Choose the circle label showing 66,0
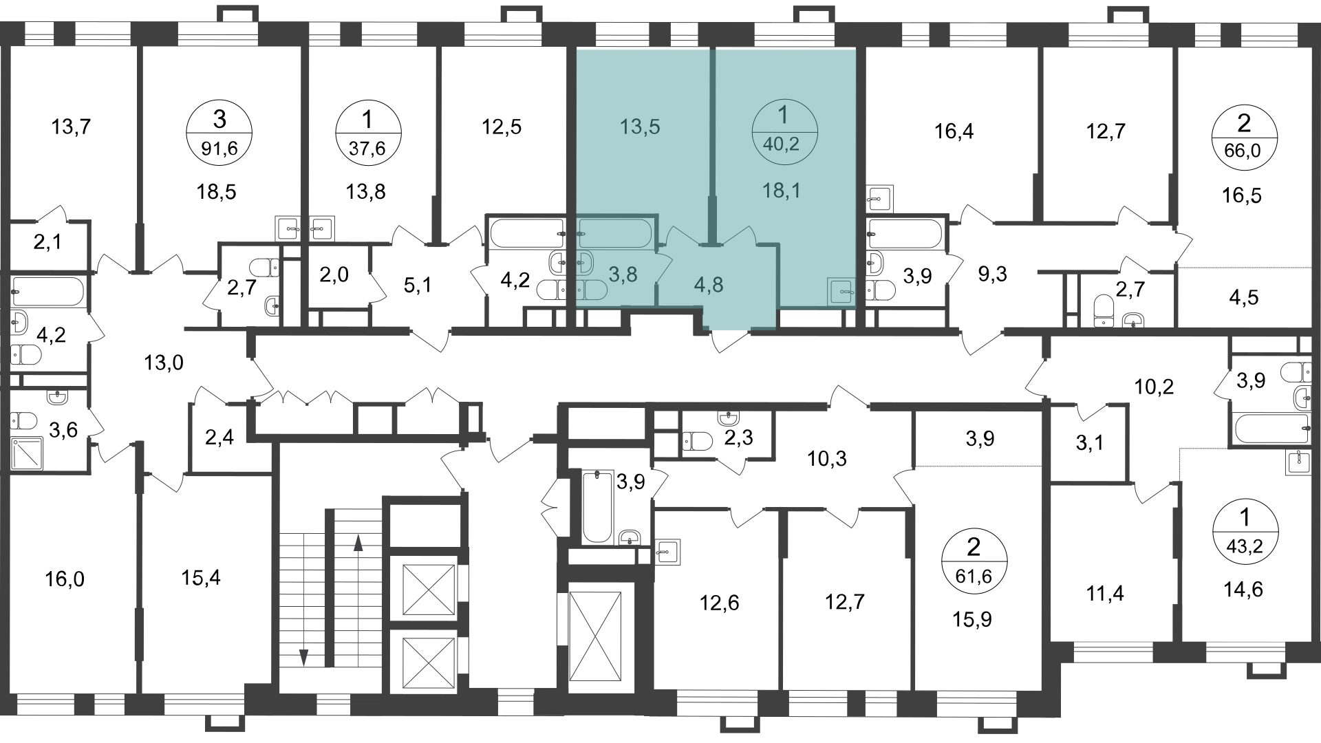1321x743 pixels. pyautogui.click(x=1244, y=137)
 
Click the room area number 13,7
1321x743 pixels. pyautogui.click(x=72, y=127)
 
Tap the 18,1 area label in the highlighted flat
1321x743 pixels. pyautogui.click(x=782, y=191)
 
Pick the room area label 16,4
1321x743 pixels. pyautogui.click(x=954, y=131)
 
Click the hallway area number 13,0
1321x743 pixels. pyautogui.click(x=164, y=362)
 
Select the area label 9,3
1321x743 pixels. pyautogui.click(x=992, y=274)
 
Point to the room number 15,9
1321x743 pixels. pyautogui.click(x=972, y=620)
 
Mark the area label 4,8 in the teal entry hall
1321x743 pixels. pyautogui.click(x=709, y=284)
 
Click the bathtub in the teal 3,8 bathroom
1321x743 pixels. pyautogui.click(x=614, y=234)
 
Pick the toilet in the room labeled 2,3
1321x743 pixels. pyautogui.click(x=698, y=440)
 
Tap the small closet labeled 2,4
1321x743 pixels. pyautogui.click(x=219, y=438)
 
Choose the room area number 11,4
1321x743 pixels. pyautogui.click(x=1105, y=592)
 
